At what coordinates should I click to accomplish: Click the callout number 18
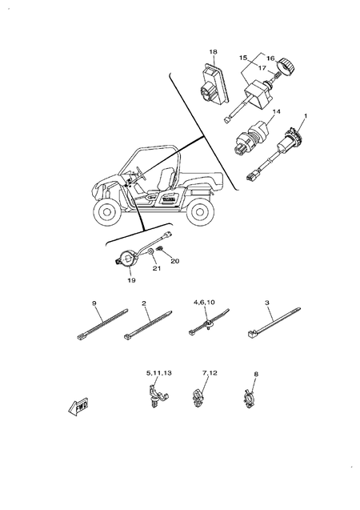pyautogui.click(x=214, y=52)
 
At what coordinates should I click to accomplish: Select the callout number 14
pyautogui.click(x=276, y=111)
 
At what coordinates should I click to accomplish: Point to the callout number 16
pyautogui.click(x=270, y=58)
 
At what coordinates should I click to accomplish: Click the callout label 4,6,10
pyautogui.click(x=205, y=303)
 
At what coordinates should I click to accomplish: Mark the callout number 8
pyautogui.click(x=255, y=373)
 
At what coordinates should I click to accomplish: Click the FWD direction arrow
pyautogui.click(x=77, y=407)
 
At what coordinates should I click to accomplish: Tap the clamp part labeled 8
pyautogui.click(x=250, y=397)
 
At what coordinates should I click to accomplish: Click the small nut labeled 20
pyautogui.click(x=163, y=251)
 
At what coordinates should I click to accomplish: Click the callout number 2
pyautogui.click(x=144, y=304)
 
